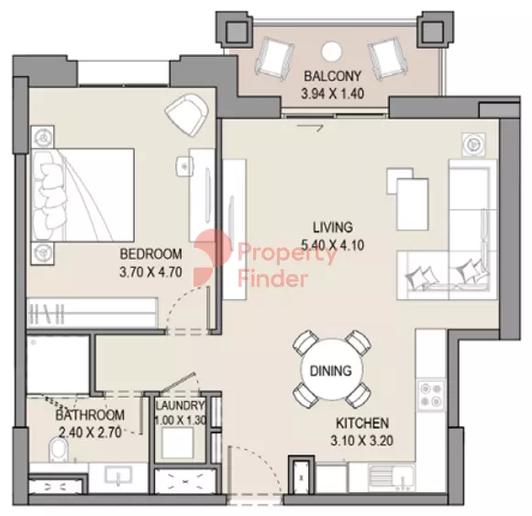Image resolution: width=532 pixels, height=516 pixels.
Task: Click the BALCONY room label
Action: (x=332, y=76)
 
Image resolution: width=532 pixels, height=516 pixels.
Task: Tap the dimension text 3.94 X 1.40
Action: (x=332, y=94)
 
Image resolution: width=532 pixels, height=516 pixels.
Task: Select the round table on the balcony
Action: (x=330, y=51)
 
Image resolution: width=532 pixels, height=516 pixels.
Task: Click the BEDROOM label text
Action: (x=150, y=253)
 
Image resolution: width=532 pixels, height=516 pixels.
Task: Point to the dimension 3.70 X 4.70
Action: (x=150, y=272)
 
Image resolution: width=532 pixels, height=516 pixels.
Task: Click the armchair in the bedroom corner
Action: (x=187, y=114)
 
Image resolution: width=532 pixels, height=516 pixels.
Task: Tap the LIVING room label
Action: (x=332, y=228)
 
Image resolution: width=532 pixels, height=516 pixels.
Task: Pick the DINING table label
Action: (x=331, y=370)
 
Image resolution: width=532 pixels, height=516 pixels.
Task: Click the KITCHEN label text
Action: (x=362, y=423)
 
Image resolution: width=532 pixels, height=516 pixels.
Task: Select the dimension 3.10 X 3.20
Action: (x=362, y=441)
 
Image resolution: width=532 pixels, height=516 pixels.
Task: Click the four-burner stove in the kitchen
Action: (x=431, y=395)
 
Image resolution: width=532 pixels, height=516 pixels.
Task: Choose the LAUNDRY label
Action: (x=180, y=405)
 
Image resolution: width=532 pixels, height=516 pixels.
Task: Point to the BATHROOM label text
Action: (x=90, y=415)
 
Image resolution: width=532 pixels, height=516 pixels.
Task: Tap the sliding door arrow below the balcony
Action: (x=310, y=128)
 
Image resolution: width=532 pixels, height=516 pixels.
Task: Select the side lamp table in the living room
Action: (x=473, y=144)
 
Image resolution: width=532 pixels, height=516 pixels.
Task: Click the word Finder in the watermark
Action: (x=272, y=279)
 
